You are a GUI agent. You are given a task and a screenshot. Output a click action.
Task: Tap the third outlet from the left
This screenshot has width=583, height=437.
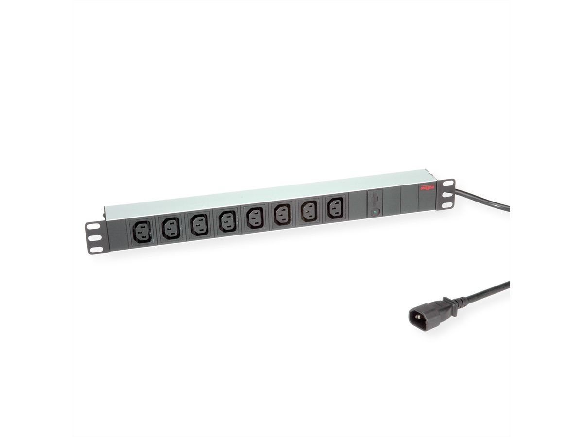click(x=198, y=225)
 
